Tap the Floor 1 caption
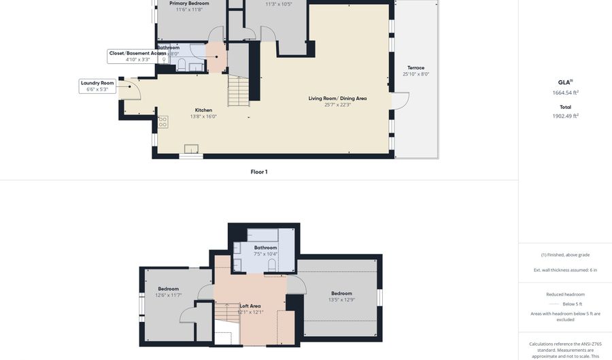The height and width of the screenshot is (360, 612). pyautogui.click(x=258, y=172)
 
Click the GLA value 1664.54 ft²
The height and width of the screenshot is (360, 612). pyautogui.click(x=565, y=93)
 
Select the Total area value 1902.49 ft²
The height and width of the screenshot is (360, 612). pyautogui.click(x=565, y=116)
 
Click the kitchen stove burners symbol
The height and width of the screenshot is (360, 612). pyautogui.click(x=163, y=122)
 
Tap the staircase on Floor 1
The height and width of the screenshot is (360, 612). pyautogui.click(x=238, y=91)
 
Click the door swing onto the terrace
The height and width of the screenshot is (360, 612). pyautogui.click(x=401, y=101)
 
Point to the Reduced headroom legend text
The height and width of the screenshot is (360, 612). pyautogui.click(x=565, y=294)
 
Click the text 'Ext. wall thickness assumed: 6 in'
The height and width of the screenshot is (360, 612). pyautogui.click(x=565, y=270)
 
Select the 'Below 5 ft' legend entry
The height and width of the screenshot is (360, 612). pyautogui.click(x=572, y=304)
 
